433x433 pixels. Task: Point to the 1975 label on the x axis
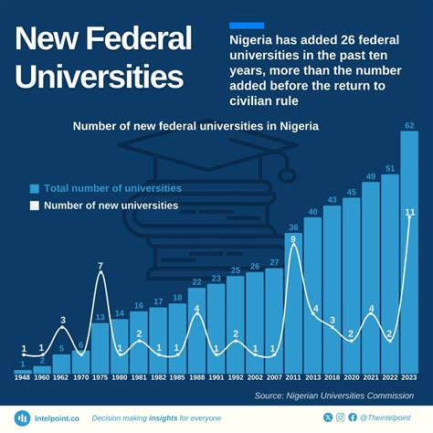coord(100,376)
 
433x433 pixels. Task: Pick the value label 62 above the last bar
coord(409,124)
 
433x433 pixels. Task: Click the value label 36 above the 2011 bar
coord(293,227)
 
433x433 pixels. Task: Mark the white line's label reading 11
coord(410,212)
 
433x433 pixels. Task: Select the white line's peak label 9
coord(293,239)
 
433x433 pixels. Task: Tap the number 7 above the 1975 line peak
coord(100,266)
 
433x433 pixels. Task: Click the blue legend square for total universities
coord(35,188)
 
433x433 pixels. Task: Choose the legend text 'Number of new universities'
coord(111,206)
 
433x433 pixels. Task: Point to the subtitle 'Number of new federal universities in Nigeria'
coord(196,125)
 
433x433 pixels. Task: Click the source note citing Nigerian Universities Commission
coord(340,396)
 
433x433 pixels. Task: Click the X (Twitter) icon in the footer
coord(329,417)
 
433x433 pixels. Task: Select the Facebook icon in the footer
coord(353,417)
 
